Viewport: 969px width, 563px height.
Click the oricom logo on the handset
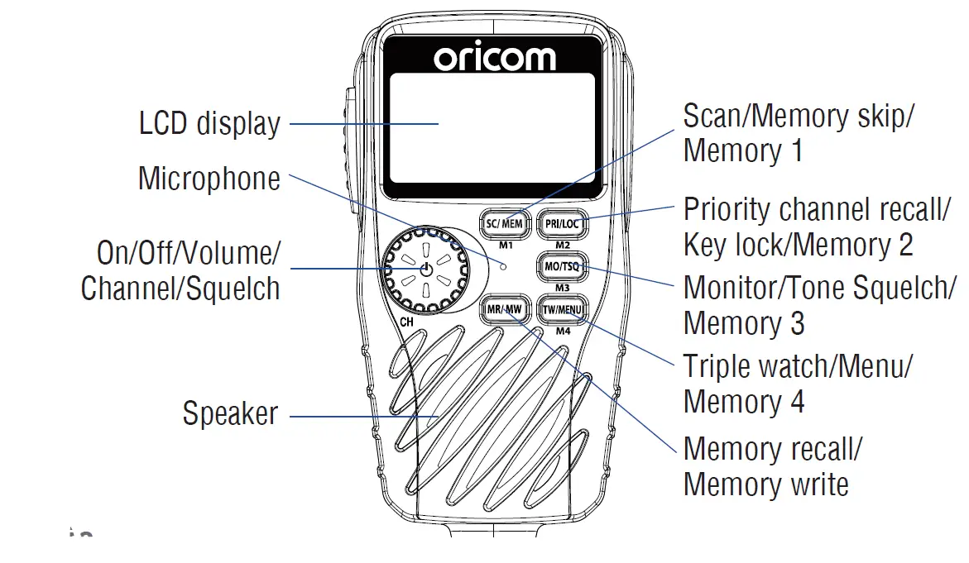click(495, 57)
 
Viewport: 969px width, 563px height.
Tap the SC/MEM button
click(504, 223)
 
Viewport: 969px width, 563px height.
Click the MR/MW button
click(504, 310)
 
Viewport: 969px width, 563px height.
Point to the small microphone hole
click(503, 265)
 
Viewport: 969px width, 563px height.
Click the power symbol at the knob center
click(426, 270)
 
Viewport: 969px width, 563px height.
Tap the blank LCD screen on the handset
click(493, 127)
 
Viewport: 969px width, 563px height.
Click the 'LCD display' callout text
click(209, 124)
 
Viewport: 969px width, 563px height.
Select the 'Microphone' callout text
click(209, 179)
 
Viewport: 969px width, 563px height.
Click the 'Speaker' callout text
click(230, 413)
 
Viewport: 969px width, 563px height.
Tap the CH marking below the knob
click(406, 322)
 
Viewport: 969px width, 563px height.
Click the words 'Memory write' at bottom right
click(765, 484)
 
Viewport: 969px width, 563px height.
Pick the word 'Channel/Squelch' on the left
click(180, 289)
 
